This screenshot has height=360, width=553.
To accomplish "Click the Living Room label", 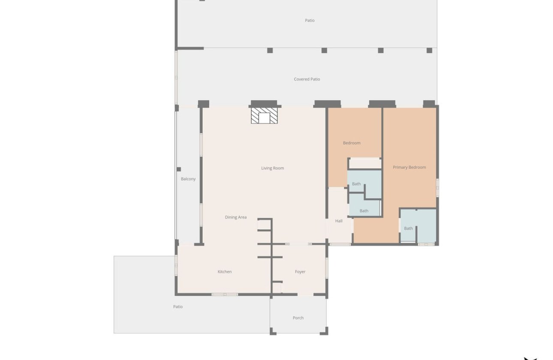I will pyautogui.click(x=273, y=168).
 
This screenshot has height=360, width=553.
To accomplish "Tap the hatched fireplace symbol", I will pyautogui.click(x=264, y=116).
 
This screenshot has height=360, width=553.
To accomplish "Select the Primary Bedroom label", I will pyautogui.click(x=409, y=167).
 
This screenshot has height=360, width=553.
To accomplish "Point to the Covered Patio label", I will pyautogui.click(x=307, y=79).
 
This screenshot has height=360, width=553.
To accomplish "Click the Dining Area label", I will pyautogui.click(x=236, y=217).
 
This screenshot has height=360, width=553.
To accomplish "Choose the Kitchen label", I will pyautogui.click(x=225, y=272).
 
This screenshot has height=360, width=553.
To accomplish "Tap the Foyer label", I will pyautogui.click(x=300, y=272).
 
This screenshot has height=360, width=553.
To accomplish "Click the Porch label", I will pyautogui.click(x=298, y=318).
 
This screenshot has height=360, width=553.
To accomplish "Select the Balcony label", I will pyautogui.click(x=188, y=179).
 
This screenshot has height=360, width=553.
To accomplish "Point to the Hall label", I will pyautogui.click(x=339, y=221).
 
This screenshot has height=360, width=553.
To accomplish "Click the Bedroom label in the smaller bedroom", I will pyautogui.click(x=352, y=143).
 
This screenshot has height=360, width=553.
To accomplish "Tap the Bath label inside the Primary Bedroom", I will pyautogui.click(x=409, y=228).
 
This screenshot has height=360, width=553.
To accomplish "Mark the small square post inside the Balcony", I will pyautogui.click(x=179, y=169).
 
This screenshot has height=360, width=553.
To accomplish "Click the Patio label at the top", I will pyautogui.click(x=310, y=21).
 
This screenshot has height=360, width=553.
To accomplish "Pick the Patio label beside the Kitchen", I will pyautogui.click(x=178, y=307).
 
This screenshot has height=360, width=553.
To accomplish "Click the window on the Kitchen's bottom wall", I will pyautogui.click(x=225, y=294).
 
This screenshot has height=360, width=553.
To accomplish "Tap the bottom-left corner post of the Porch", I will pyautogui.click(x=272, y=331).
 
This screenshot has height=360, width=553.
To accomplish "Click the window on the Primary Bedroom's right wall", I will pyautogui.click(x=437, y=188).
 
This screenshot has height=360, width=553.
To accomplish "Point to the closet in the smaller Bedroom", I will pyautogui.click(x=364, y=163).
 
